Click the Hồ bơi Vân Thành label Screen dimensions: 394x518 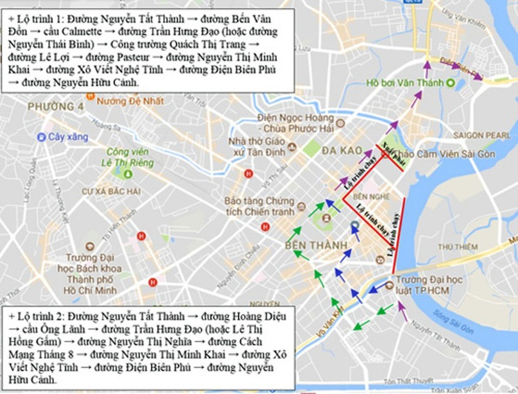point(405,83)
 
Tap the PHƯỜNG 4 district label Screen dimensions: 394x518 point(56,107)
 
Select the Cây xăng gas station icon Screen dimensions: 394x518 point(42,137)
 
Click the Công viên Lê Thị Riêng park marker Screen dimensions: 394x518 point(128,174)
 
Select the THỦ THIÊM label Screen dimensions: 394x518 point(458,247)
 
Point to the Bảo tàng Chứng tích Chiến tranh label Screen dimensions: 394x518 point(260,206)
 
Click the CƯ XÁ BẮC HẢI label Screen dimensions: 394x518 point(111,191)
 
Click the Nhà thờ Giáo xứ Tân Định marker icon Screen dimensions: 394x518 point(292,146)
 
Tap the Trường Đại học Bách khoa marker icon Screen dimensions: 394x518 point(89,246)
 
